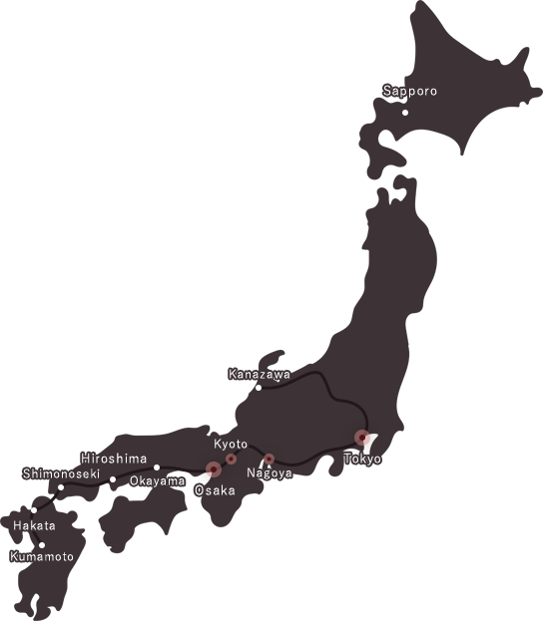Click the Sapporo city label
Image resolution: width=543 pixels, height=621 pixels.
(x=410, y=91)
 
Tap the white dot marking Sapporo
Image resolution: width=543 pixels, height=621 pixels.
(x=405, y=113)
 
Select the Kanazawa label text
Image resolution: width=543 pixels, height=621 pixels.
(x=260, y=375)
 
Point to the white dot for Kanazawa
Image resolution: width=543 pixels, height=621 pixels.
(x=259, y=388)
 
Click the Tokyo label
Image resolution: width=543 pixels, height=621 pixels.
(x=362, y=459)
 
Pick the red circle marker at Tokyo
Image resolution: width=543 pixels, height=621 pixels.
(x=362, y=438)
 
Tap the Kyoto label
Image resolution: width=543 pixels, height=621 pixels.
(x=231, y=444)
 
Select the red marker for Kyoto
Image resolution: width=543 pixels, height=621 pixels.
(x=232, y=460)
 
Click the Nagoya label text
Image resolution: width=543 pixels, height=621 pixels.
(x=270, y=473)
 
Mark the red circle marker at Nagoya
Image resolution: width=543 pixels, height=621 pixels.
(x=269, y=460)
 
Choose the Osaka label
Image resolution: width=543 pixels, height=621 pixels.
(x=215, y=490)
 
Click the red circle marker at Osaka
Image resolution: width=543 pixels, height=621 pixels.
(x=214, y=469)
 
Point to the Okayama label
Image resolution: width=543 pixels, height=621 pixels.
(x=158, y=481)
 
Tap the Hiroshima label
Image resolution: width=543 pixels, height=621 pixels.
(x=114, y=459)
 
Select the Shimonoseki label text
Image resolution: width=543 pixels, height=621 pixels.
(x=62, y=473)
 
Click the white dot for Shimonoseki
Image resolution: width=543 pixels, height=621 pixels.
(x=61, y=487)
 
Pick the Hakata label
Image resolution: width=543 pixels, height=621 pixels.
(x=35, y=525)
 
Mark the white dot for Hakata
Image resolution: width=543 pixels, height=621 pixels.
(x=34, y=510)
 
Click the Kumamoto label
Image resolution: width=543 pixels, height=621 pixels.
(x=42, y=557)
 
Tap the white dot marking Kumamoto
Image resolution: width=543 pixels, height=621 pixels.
(x=42, y=545)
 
